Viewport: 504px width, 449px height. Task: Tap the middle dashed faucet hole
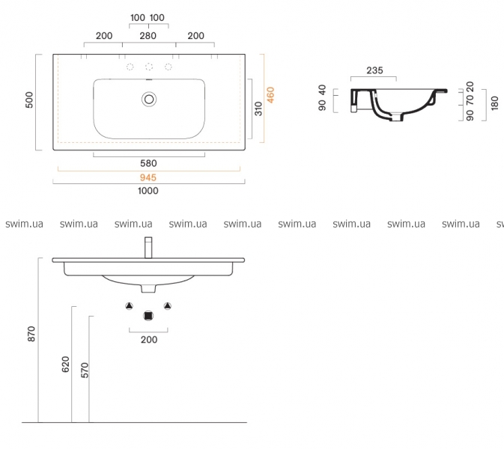[149, 67]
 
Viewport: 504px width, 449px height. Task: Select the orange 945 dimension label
[148, 177]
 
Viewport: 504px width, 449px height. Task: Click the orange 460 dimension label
[270, 95]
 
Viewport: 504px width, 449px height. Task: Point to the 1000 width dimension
[148, 191]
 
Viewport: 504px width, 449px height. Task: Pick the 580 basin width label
[148, 163]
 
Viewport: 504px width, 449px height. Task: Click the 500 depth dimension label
[29, 100]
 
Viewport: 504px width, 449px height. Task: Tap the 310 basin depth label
[258, 109]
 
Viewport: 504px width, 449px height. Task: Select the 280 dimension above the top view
[148, 36]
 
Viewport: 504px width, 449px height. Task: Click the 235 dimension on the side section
[374, 70]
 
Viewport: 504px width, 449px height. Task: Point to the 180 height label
[495, 103]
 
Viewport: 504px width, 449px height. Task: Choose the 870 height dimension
[31, 334]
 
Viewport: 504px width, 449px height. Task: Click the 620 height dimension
[65, 364]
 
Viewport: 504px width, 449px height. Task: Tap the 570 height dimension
[85, 370]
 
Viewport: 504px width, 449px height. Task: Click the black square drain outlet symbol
[148, 316]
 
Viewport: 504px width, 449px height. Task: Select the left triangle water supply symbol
[130, 306]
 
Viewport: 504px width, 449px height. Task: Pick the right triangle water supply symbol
[168, 306]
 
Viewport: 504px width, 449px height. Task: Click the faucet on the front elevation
[148, 248]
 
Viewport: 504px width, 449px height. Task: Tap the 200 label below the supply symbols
[149, 340]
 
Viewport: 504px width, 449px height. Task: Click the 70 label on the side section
[470, 100]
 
